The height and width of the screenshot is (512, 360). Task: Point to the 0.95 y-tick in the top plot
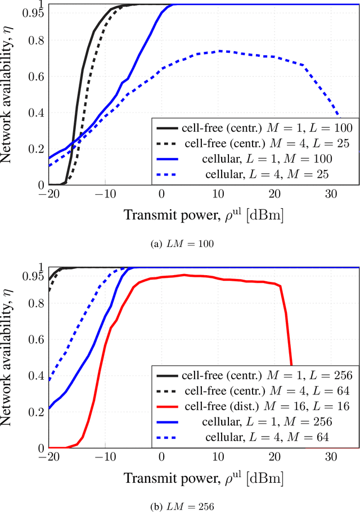[x=33, y=13]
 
